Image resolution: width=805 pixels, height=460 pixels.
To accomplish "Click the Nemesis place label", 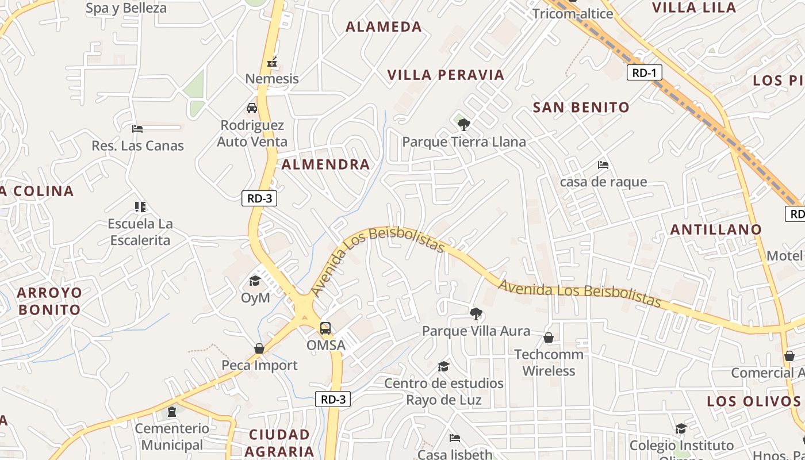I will (272, 79).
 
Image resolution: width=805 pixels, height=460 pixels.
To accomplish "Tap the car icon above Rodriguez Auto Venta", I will (252, 108).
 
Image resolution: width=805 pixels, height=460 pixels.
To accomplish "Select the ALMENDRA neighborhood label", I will (325, 164).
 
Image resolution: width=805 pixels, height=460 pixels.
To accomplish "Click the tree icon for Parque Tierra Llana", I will (463, 124).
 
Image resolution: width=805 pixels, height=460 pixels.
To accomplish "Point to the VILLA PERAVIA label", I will (446, 75).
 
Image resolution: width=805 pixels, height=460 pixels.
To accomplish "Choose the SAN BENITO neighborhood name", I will (581, 107).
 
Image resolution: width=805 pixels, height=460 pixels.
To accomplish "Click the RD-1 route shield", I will (644, 72).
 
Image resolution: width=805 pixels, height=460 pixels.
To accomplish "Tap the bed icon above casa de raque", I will (603, 165).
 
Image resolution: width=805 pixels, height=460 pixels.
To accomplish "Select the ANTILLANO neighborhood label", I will (716, 229).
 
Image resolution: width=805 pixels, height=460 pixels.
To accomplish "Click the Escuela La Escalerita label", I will (140, 232).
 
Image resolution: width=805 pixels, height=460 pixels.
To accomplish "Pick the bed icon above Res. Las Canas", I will (137, 128).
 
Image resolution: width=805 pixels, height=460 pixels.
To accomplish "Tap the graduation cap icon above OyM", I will (255, 281).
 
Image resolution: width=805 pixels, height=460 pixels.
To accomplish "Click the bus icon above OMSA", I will (325, 328).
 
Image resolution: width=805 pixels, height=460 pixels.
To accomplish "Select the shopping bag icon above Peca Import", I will (259, 348).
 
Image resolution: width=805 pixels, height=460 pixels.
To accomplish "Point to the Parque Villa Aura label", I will (476, 331).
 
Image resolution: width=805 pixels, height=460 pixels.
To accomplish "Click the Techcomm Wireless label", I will (549, 362).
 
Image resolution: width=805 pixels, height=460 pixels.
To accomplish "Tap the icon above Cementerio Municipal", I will (171, 412).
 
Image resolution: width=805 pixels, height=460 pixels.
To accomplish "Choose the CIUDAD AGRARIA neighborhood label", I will (279, 443).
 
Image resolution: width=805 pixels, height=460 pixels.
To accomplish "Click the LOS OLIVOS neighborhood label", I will (753, 401).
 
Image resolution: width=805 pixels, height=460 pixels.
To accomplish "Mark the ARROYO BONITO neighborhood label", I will (49, 301).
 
